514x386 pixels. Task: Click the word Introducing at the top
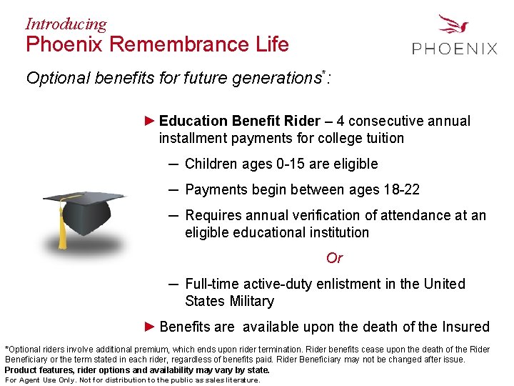click(66, 24)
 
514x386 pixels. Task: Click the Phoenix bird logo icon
click(455, 26)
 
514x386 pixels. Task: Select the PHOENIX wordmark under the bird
click(455, 49)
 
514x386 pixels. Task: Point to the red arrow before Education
click(149, 121)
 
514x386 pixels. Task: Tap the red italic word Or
click(334, 258)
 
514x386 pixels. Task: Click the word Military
click(249, 301)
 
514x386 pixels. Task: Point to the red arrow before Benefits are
click(149, 327)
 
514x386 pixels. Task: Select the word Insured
click(465, 327)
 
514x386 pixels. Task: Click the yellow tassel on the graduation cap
click(63, 229)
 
